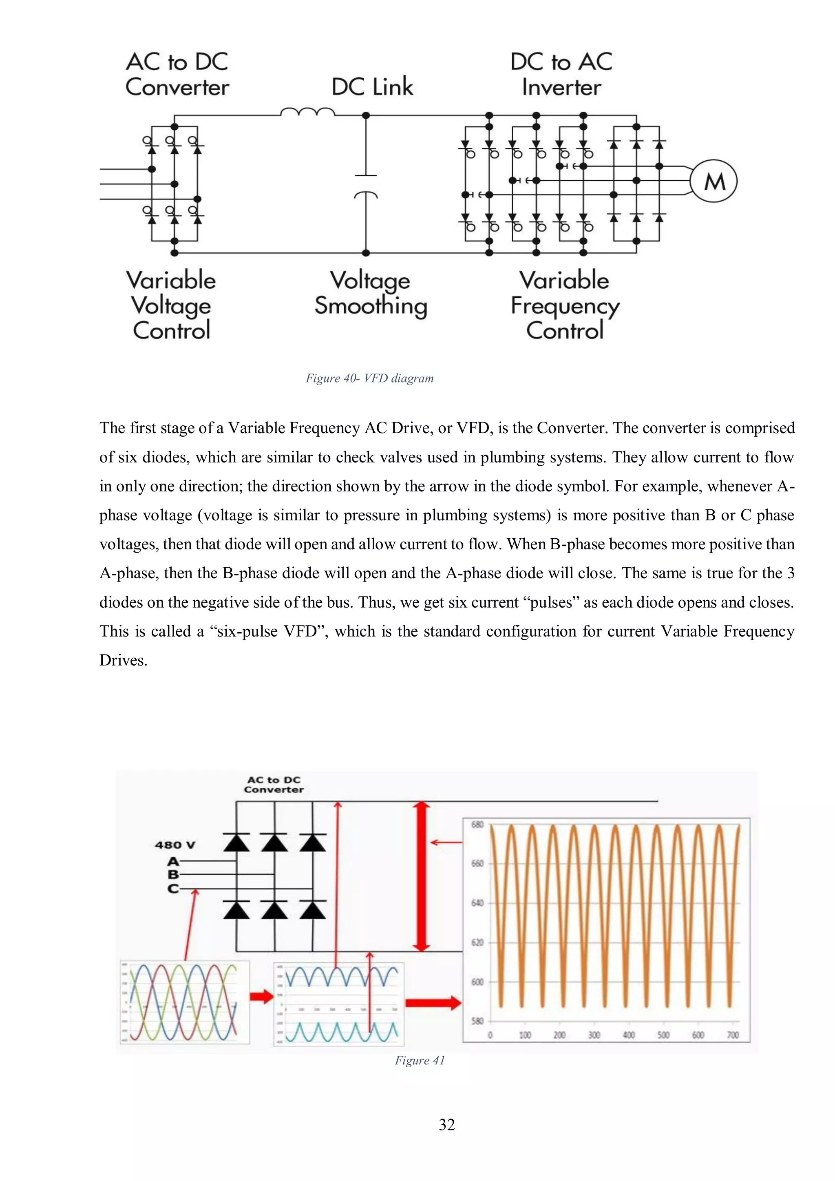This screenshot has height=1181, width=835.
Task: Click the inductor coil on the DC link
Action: [x=307, y=112]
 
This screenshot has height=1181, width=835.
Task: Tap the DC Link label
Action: [x=372, y=86]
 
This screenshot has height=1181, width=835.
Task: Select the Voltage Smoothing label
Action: [x=371, y=293]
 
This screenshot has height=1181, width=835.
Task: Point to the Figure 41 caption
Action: [x=420, y=1060]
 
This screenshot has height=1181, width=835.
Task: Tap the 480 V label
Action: [x=175, y=845]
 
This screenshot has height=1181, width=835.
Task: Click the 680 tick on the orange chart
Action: [x=477, y=825]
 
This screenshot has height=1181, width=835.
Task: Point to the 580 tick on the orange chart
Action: [x=477, y=1021]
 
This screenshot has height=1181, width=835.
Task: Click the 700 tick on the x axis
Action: [x=733, y=1035]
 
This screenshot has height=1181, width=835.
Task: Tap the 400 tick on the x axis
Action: [x=628, y=1035]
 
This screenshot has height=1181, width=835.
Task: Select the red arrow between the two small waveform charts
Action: [x=261, y=996]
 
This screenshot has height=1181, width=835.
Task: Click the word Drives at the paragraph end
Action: [x=124, y=661]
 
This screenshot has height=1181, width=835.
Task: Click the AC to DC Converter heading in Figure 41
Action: [x=274, y=785]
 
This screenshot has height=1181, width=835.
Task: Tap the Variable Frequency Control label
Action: [x=565, y=305]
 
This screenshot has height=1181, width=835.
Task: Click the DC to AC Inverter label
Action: [x=561, y=75]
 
